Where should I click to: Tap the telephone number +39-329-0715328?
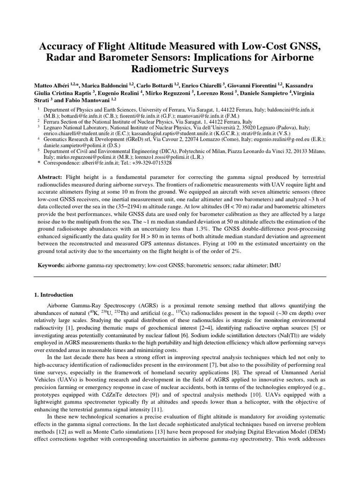(159, 162)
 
